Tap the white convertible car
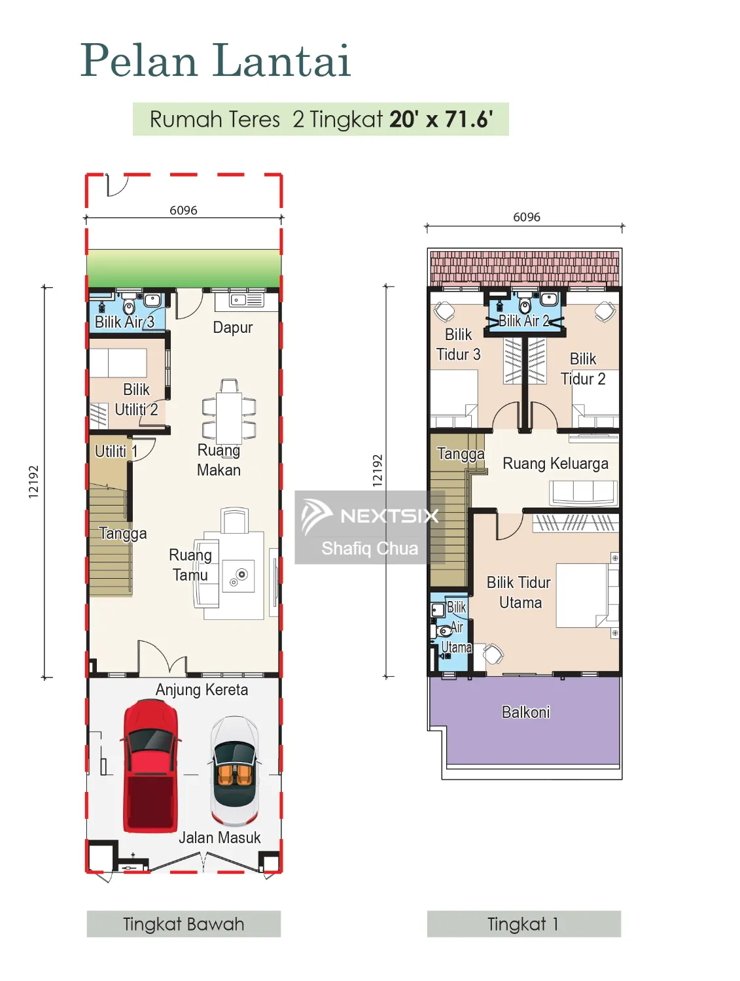[x=234, y=770]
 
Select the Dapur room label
[x=232, y=327]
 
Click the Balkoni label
[x=525, y=712]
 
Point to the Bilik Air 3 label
[x=124, y=321]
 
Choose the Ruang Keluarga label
[x=555, y=464]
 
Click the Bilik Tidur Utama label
[x=519, y=592]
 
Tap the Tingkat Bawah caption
[x=183, y=924]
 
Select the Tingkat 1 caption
[x=523, y=924]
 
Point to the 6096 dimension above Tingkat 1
[x=526, y=216]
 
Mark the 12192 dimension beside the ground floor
[x=33, y=482]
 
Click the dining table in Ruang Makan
[x=229, y=410]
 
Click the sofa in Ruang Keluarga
[x=583, y=492]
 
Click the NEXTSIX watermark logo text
[x=389, y=516]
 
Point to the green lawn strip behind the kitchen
[x=183, y=268]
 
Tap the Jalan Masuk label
[x=219, y=838]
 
